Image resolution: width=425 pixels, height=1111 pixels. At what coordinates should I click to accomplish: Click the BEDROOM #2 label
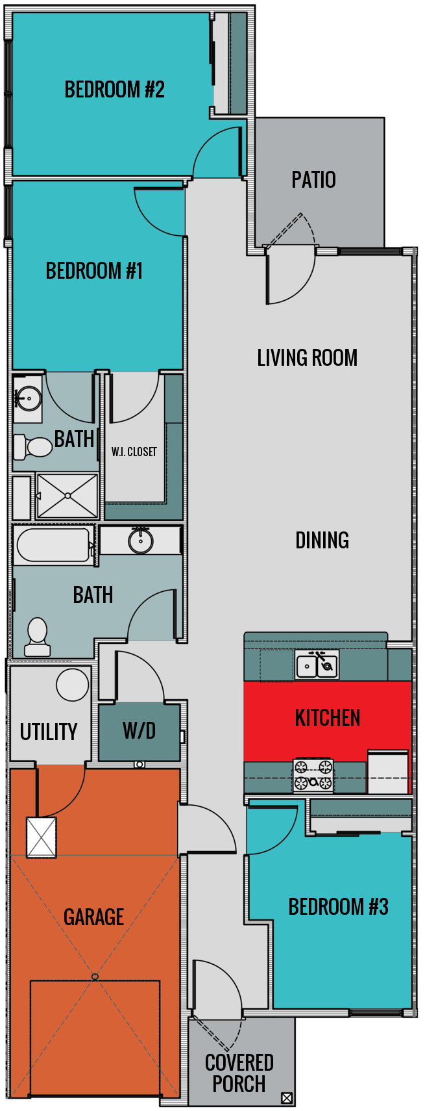click(114, 89)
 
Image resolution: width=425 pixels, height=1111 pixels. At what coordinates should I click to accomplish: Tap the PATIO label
click(313, 179)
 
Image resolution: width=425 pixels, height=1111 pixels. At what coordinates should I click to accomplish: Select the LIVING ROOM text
click(307, 357)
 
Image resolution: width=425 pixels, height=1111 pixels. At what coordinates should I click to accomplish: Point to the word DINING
click(322, 540)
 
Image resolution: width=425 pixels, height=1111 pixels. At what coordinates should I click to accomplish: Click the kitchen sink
click(317, 665)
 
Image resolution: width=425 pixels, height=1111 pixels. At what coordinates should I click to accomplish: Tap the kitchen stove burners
click(313, 776)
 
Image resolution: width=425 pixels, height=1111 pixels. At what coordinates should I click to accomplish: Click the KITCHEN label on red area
click(327, 717)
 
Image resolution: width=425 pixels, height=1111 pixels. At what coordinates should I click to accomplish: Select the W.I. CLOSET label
click(134, 452)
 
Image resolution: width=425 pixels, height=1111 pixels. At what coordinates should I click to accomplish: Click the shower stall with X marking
click(67, 496)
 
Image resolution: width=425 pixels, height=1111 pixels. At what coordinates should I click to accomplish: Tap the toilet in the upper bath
click(33, 447)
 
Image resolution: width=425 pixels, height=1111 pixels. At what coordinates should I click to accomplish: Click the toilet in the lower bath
click(38, 637)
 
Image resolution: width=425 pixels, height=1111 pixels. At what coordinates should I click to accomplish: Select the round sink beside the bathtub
click(140, 541)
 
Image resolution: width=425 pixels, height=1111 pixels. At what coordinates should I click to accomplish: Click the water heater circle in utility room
click(73, 684)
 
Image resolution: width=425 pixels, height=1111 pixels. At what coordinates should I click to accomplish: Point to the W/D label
click(139, 731)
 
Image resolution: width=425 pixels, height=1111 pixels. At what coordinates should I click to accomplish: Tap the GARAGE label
click(93, 917)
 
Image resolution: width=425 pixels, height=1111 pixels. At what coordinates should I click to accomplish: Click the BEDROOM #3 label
click(338, 906)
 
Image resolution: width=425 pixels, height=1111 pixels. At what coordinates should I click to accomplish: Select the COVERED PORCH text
click(239, 1073)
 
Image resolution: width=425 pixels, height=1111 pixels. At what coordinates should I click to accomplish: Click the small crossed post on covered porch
click(287, 1099)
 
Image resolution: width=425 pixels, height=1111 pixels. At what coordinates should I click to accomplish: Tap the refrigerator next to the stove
click(388, 772)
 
